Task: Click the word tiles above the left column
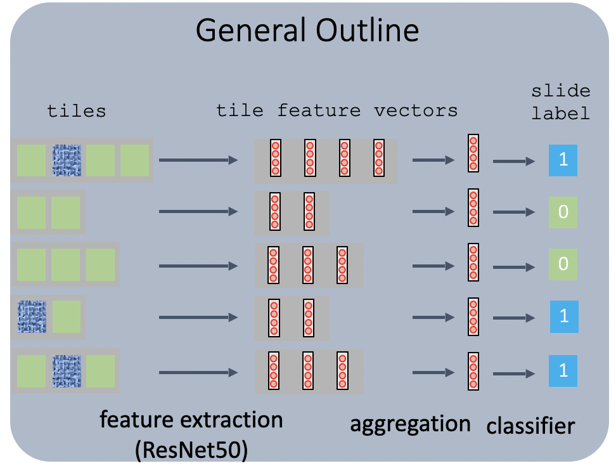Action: click(x=77, y=112)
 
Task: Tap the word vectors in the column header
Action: click(x=416, y=111)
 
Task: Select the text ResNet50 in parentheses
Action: click(x=191, y=450)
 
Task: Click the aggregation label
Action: click(x=410, y=424)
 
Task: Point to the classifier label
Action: click(x=530, y=426)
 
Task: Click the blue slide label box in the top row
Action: click(x=563, y=161)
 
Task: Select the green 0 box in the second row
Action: click(x=563, y=212)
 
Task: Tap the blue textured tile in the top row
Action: click(x=67, y=160)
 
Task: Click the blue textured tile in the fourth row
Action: click(x=32, y=316)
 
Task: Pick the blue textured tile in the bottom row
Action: click(x=67, y=370)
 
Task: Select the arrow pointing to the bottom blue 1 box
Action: click(x=514, y=373)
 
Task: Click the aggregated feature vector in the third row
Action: click(x=473, y=262)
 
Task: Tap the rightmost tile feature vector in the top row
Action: click(x=378, y=157)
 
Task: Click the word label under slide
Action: click(x=561, y=115)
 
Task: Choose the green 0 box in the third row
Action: click(x=563, y=263)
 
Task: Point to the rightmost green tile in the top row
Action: click(x=134, y=160)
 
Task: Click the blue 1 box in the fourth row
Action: click(x=564, y=316)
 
